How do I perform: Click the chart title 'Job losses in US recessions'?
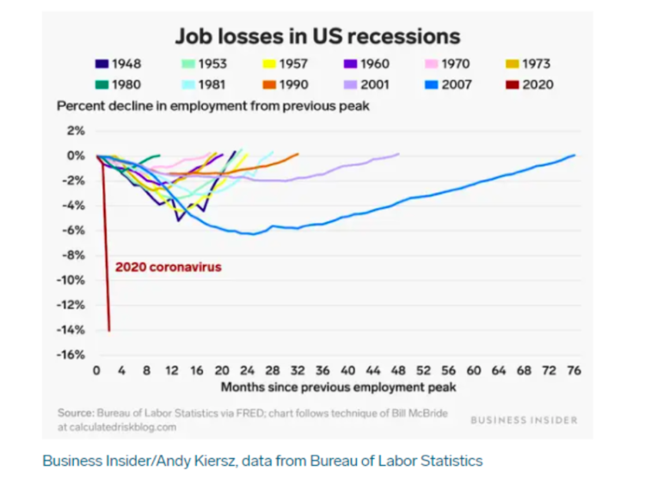tap(317, 36)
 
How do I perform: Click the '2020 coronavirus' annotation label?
tap(168, 267)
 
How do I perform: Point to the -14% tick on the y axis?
tap(71, 330)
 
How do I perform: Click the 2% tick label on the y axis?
tap(76, 131)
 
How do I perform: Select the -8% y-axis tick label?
tap(74, 255)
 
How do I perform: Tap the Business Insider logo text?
tap(524, 419)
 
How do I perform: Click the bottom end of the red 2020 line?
tap(109, 330)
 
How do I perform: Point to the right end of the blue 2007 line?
tap(574, 155)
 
